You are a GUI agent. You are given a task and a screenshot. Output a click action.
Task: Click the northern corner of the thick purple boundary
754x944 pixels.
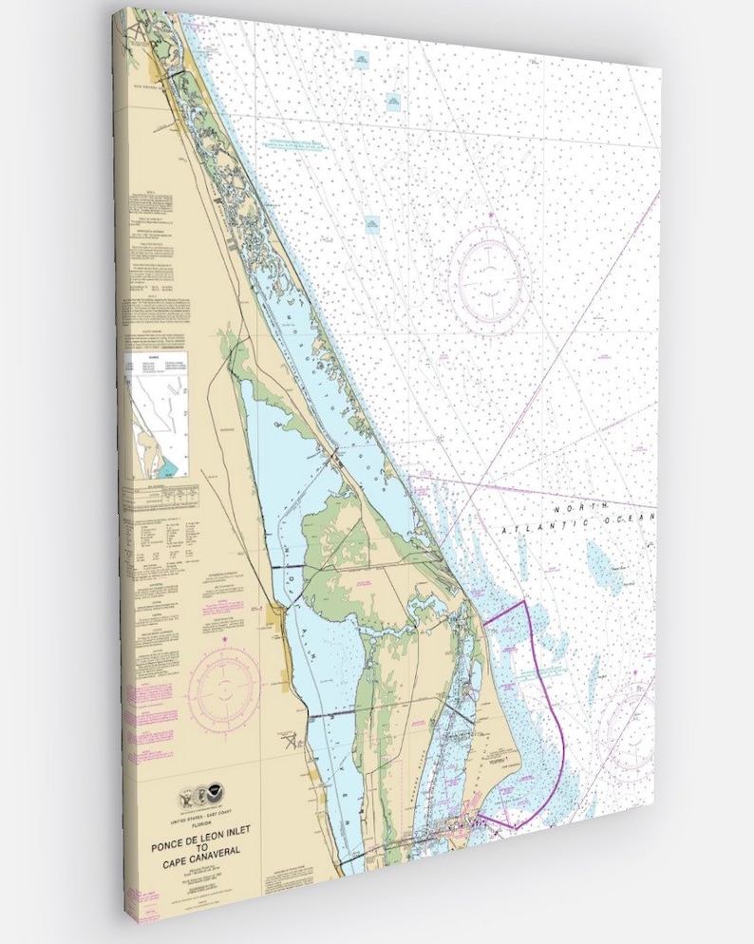524,601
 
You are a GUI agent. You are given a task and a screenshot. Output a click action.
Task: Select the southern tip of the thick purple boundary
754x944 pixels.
514,828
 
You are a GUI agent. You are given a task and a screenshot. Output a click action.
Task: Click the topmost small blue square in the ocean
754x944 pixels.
362,60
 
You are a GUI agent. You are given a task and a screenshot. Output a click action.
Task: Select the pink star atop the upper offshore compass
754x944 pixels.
491,216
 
